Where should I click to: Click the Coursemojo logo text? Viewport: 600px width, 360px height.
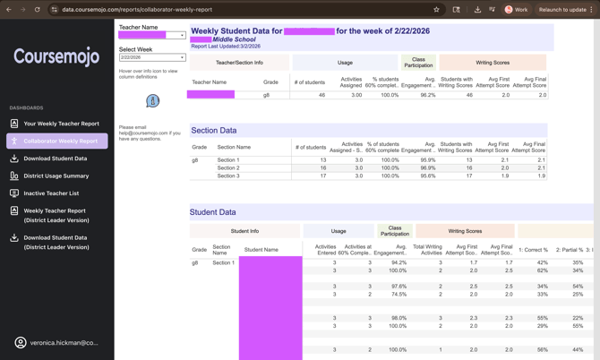pos(56,57)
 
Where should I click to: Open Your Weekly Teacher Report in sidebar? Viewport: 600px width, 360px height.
pos(61,124)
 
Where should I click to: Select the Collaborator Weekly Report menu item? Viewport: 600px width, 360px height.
pos(61,141)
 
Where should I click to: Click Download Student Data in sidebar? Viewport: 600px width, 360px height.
pos(56,159)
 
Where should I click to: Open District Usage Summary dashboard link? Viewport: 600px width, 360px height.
pos(56,176)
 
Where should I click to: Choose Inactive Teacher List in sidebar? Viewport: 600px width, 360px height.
pos(51,193)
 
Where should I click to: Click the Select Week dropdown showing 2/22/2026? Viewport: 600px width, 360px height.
pos(151,57)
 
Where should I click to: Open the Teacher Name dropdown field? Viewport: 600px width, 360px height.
pos(151,36)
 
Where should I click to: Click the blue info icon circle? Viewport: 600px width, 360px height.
pos(152,101)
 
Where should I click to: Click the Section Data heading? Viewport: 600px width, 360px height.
pos(214,131)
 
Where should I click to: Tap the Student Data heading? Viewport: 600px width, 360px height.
pos(213,212)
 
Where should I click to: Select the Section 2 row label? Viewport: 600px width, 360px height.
pos(228,167)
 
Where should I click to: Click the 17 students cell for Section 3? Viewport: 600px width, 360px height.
pos(322,176)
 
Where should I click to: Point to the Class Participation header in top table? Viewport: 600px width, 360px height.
pos(418,63)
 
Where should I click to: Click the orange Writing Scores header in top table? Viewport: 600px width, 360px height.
pos(493,63)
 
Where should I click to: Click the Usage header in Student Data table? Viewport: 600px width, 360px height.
pos(339,231)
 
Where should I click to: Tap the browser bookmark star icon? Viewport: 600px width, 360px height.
pos(436,10)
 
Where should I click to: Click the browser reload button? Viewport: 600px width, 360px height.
pos(37,10)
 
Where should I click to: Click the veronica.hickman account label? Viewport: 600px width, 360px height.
pos(64,343)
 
